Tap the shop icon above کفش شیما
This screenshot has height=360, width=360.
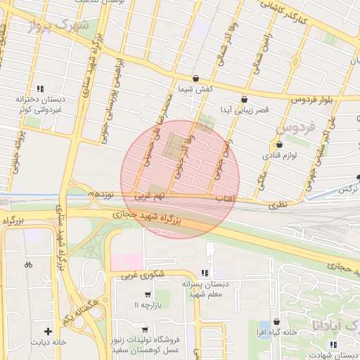[x=195, y=78]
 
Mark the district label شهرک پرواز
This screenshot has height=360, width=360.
[x=60, y=27]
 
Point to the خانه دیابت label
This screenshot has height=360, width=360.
[x=48, y=342]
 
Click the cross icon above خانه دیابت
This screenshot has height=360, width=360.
[x=48, y=330]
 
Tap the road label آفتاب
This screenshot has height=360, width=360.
[x=224, y=200]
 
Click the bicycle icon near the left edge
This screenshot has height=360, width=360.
[x=28, y=265]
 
